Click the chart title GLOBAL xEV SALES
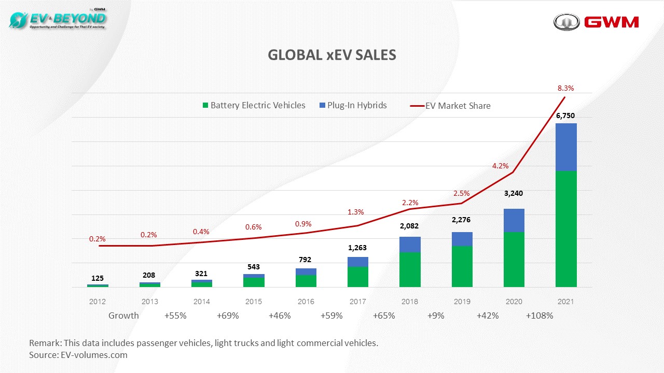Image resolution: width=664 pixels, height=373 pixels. pyautogui.click(x=332, y=55)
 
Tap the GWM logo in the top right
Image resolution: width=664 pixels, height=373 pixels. pyautogui.click(x=596, y=22)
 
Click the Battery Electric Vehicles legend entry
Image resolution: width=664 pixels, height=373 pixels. pyautogui.click(x=254, y=105)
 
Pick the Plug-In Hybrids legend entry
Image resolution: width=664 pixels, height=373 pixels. pyautogui.click(x=353, y=105)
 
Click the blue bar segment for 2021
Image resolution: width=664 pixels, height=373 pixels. pyautogui.click(x=566, y=147)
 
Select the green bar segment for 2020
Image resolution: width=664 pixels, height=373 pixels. pyautogui.click(x=514, y=259)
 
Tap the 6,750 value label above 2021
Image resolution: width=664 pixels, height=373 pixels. pyautogui.click(x=565, y=116)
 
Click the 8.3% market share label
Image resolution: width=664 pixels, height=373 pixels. pyautogui.click(x=565, y=89)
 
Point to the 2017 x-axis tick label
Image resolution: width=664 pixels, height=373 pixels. pyautogui.click(x=358, y=302)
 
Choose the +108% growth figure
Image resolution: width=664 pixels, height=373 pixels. pyautogui.click(x=539, y=315)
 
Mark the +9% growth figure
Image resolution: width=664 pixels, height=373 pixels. pyautogui.click(x=436, y=315)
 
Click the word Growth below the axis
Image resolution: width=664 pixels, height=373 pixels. pyautogui.click(x=123, y=315)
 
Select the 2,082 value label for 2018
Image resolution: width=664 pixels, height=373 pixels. pyautogui.click(x=409, y=226)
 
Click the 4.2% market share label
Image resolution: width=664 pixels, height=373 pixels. pyautogui.click(x=500, y=166)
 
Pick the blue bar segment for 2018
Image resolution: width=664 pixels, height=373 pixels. pyautogui.click(x=410, y=245)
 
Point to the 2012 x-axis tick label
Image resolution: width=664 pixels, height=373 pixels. pyautogui.click(x=98, y=302)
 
